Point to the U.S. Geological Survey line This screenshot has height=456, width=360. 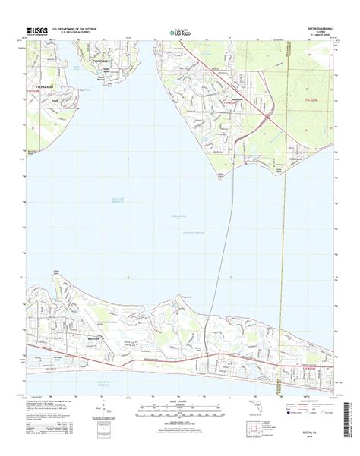tap(72, 34)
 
